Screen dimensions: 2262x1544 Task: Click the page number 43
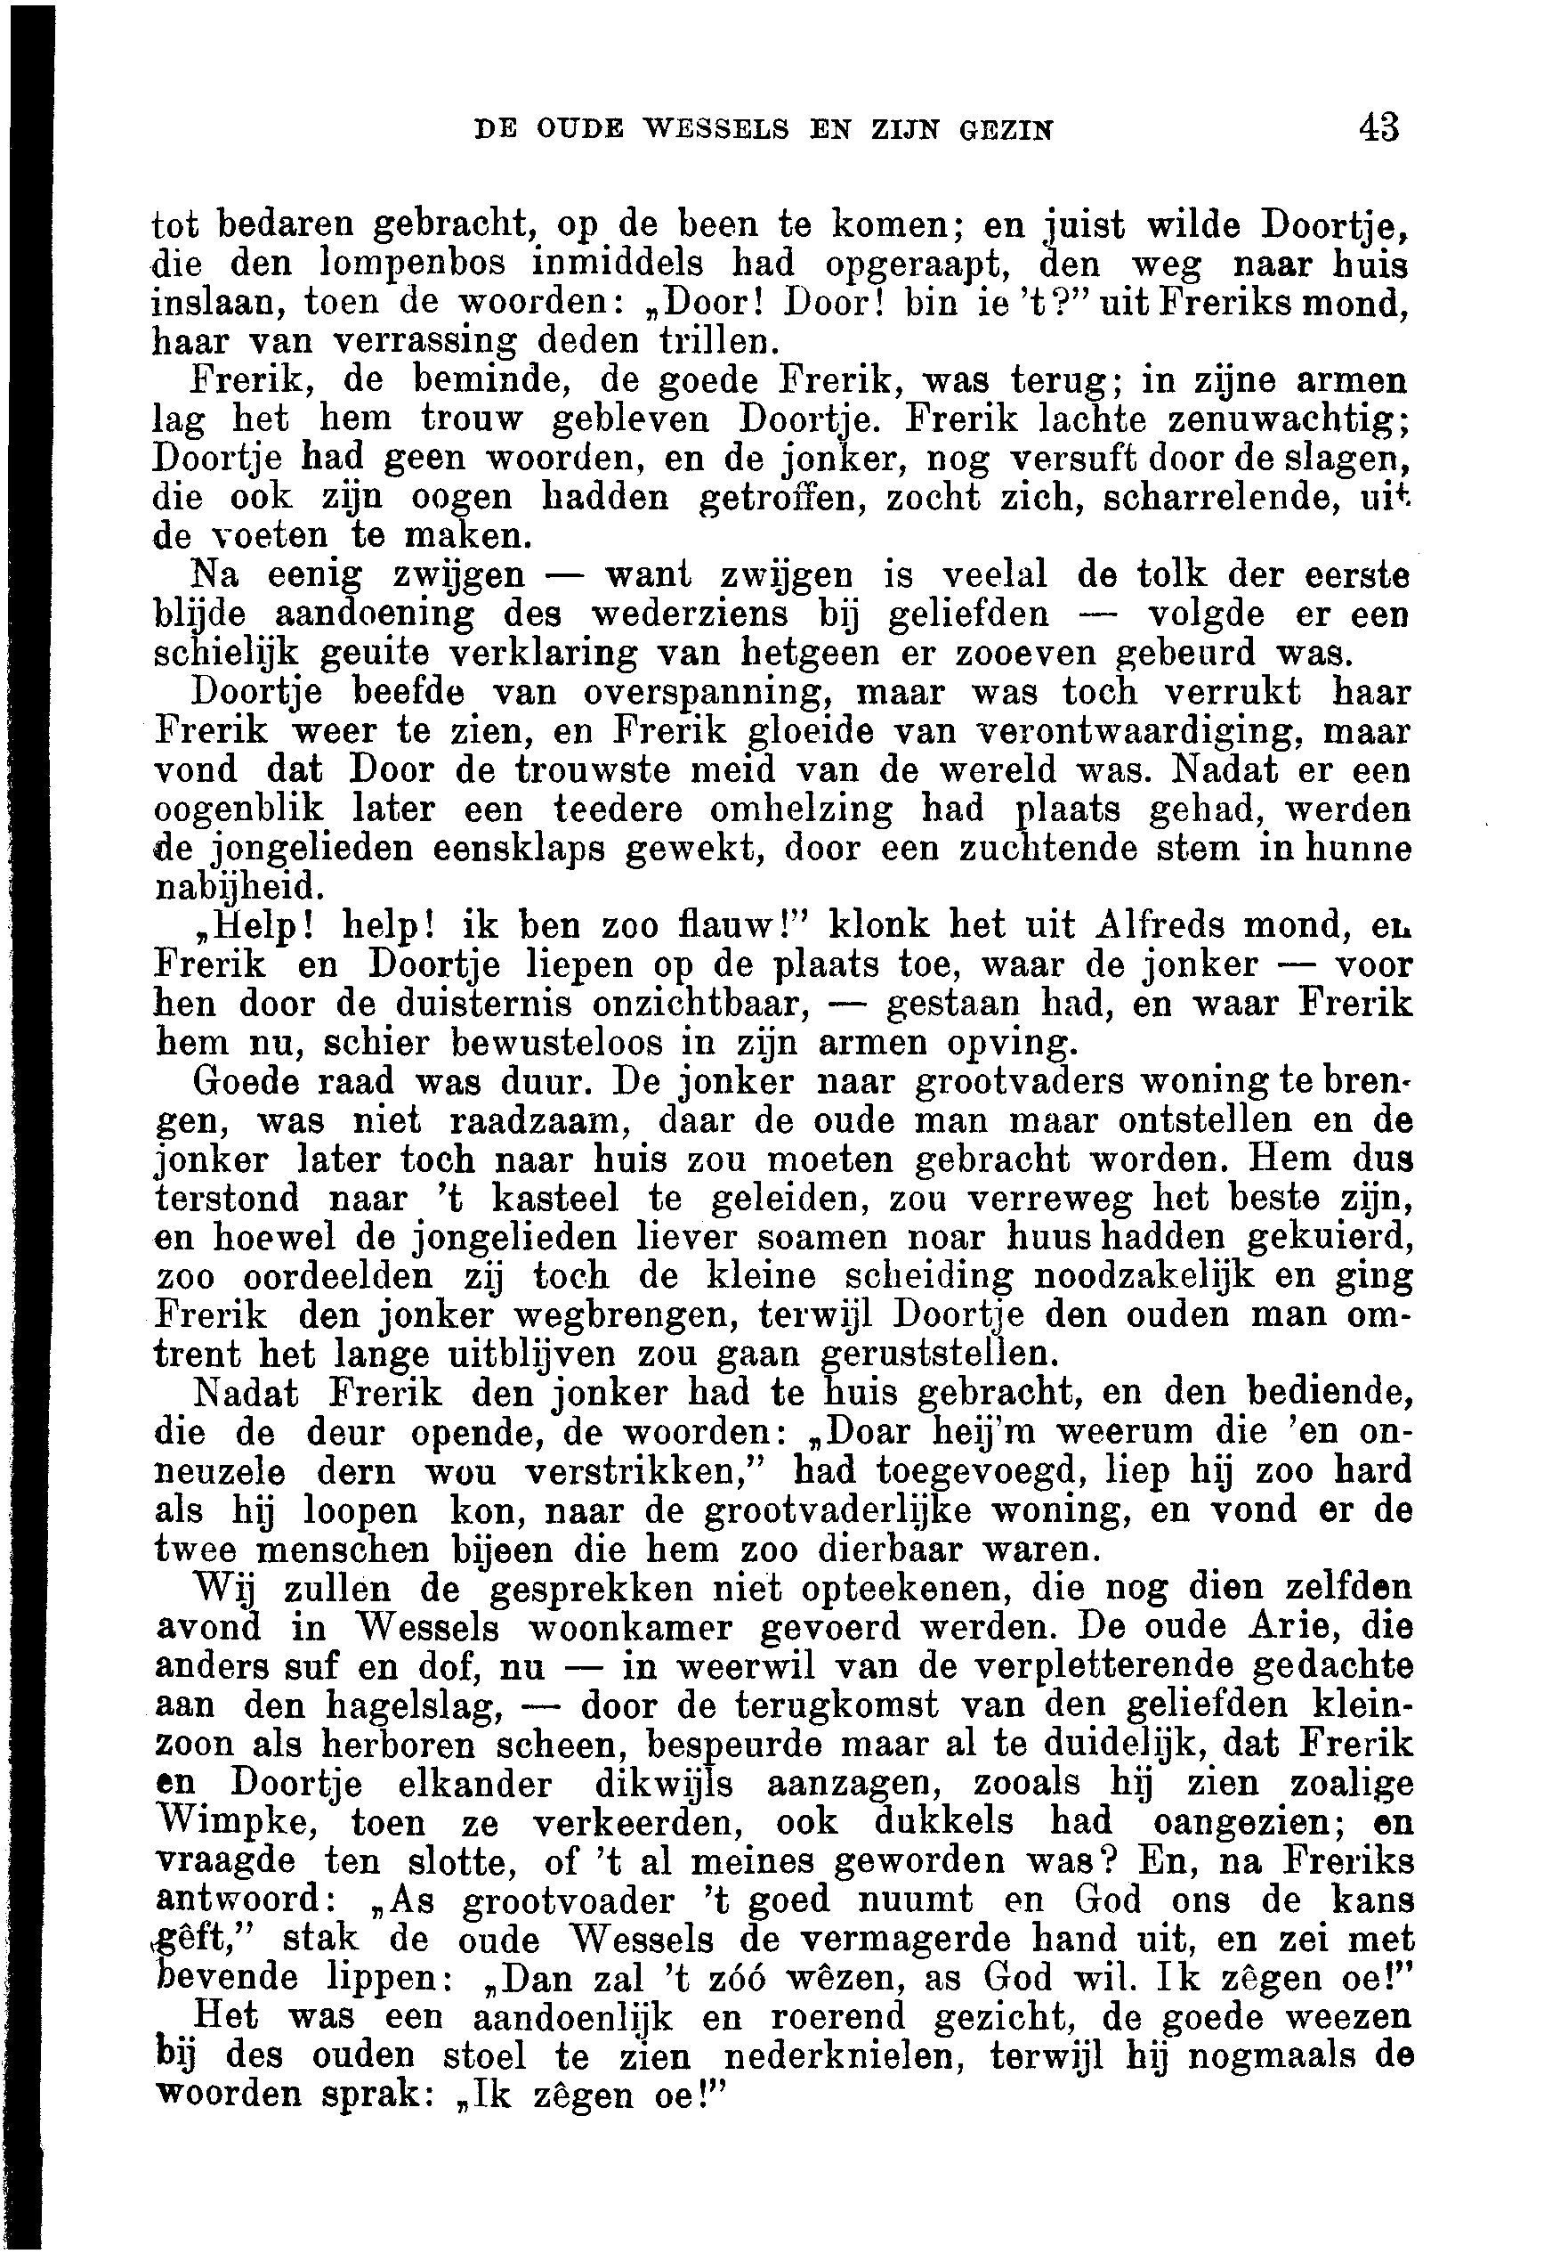click(1379, 127)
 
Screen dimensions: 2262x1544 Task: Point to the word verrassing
click(425, 343)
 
